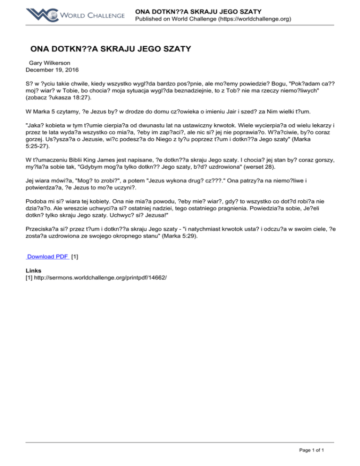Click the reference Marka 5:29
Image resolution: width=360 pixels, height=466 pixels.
point(180,237)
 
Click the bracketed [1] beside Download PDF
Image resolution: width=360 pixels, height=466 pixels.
point(75,256)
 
